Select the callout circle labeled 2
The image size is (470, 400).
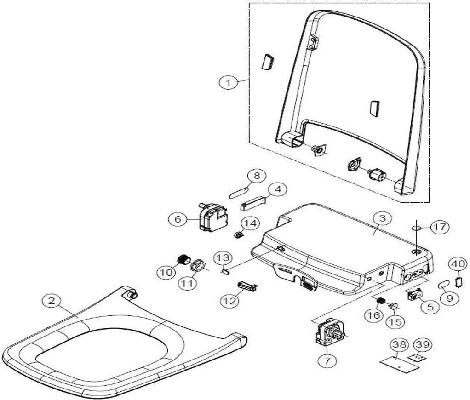click(52, 301)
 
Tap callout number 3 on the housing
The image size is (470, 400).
click(382, 218)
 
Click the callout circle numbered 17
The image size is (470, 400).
click(439, 227)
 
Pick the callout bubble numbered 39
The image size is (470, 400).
click(422, 344)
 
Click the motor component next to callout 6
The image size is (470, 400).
click(212, 218)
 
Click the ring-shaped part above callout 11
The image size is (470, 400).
click(198, 265)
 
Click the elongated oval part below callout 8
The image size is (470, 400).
click(239, 191)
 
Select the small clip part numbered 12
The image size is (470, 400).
click(246, 286)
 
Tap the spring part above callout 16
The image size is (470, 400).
click(380, 302)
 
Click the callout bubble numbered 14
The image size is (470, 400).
click(251, 223)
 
